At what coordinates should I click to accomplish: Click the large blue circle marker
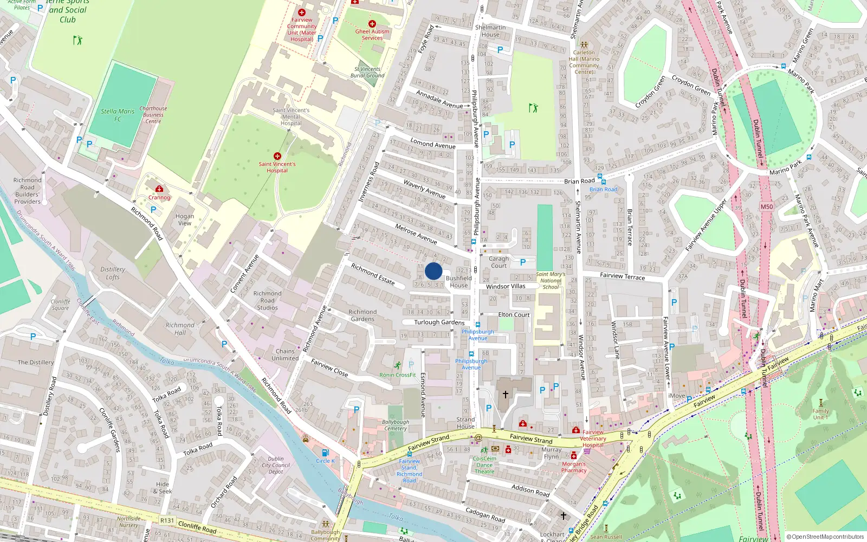[x=433, y=271]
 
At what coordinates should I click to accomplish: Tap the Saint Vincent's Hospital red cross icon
[x=277, y=156]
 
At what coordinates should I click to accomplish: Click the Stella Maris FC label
[x=118, y=115]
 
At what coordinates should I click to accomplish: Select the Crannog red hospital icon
[x=159, y=189]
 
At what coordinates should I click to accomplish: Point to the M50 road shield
[x=766, y=207]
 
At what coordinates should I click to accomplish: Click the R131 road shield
[x=167, y=520]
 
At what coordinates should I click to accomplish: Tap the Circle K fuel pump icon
[x=325, y=453]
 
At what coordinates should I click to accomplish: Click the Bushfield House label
[x=458, y=282]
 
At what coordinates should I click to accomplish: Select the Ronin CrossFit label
[x=398, y=375]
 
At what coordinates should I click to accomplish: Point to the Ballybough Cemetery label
[x=395, y=425]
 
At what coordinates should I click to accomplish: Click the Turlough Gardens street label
[x=439, y=322]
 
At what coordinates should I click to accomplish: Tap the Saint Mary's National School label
[x=551, y=280]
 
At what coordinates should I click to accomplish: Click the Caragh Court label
[x=499, y=262]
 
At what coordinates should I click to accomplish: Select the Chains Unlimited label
[x=285, y=354]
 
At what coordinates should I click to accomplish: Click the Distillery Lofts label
[x=113, y=273]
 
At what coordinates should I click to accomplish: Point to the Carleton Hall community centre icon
[x=584, y=46]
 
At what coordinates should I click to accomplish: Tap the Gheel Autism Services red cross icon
[x=372, y=24]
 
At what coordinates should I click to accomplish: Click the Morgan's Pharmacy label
[x=574, y=467]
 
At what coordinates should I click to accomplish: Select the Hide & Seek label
[x=163, y=488]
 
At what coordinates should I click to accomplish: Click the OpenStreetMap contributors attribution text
[x=825, y=537]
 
